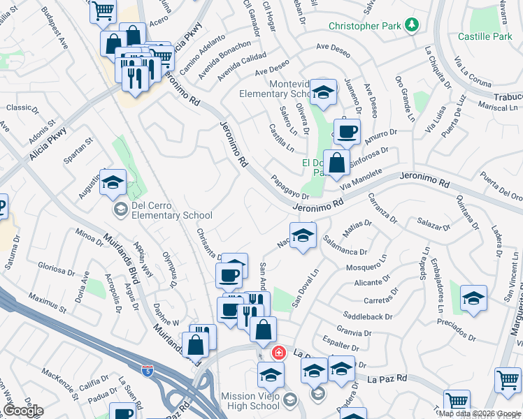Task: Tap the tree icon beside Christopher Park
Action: coord(413,27)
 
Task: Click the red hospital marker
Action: coord(280,353)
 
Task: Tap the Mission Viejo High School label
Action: coord(251,401)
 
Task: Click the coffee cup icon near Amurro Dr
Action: coord(346,131)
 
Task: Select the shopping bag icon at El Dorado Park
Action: coord(336,163)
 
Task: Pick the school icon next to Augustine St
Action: coord(113,183)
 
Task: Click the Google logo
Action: coord(23,411)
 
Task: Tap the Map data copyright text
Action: coord(480,413)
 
